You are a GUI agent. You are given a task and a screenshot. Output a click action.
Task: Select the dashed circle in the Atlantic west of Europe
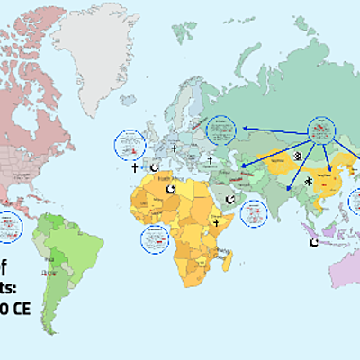coord(131,143)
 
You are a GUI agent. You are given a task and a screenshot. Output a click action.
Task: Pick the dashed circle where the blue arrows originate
coord(321,131)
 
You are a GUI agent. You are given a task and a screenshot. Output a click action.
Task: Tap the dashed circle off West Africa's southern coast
coord(156,238)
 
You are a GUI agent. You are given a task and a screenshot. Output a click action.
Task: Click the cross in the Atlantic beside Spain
coord(135,167)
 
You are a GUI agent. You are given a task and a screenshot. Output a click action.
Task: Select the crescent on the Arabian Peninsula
coord(229,197)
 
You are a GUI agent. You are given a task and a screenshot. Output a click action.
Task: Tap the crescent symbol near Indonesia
coord(312,243)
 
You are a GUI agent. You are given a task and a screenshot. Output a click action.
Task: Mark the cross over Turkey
coord(208,162)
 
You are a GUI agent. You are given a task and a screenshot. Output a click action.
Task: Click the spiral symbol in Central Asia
coord(298,155)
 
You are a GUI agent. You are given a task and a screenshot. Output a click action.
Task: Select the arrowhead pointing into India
coord(287,190)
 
